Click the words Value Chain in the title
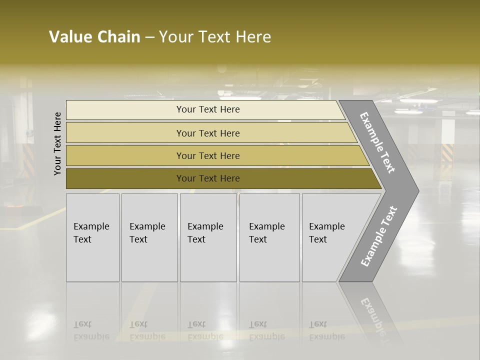tap(94, 37)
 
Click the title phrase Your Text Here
tap(215, 37)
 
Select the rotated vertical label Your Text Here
tap(57, 143)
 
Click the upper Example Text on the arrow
tap(377, 142)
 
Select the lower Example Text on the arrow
tap(378, 236)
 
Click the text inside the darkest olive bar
tap(208, 178)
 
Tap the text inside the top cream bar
tap(208, 109)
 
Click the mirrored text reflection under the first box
tap(91, 330)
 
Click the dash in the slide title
tap(149, 37)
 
